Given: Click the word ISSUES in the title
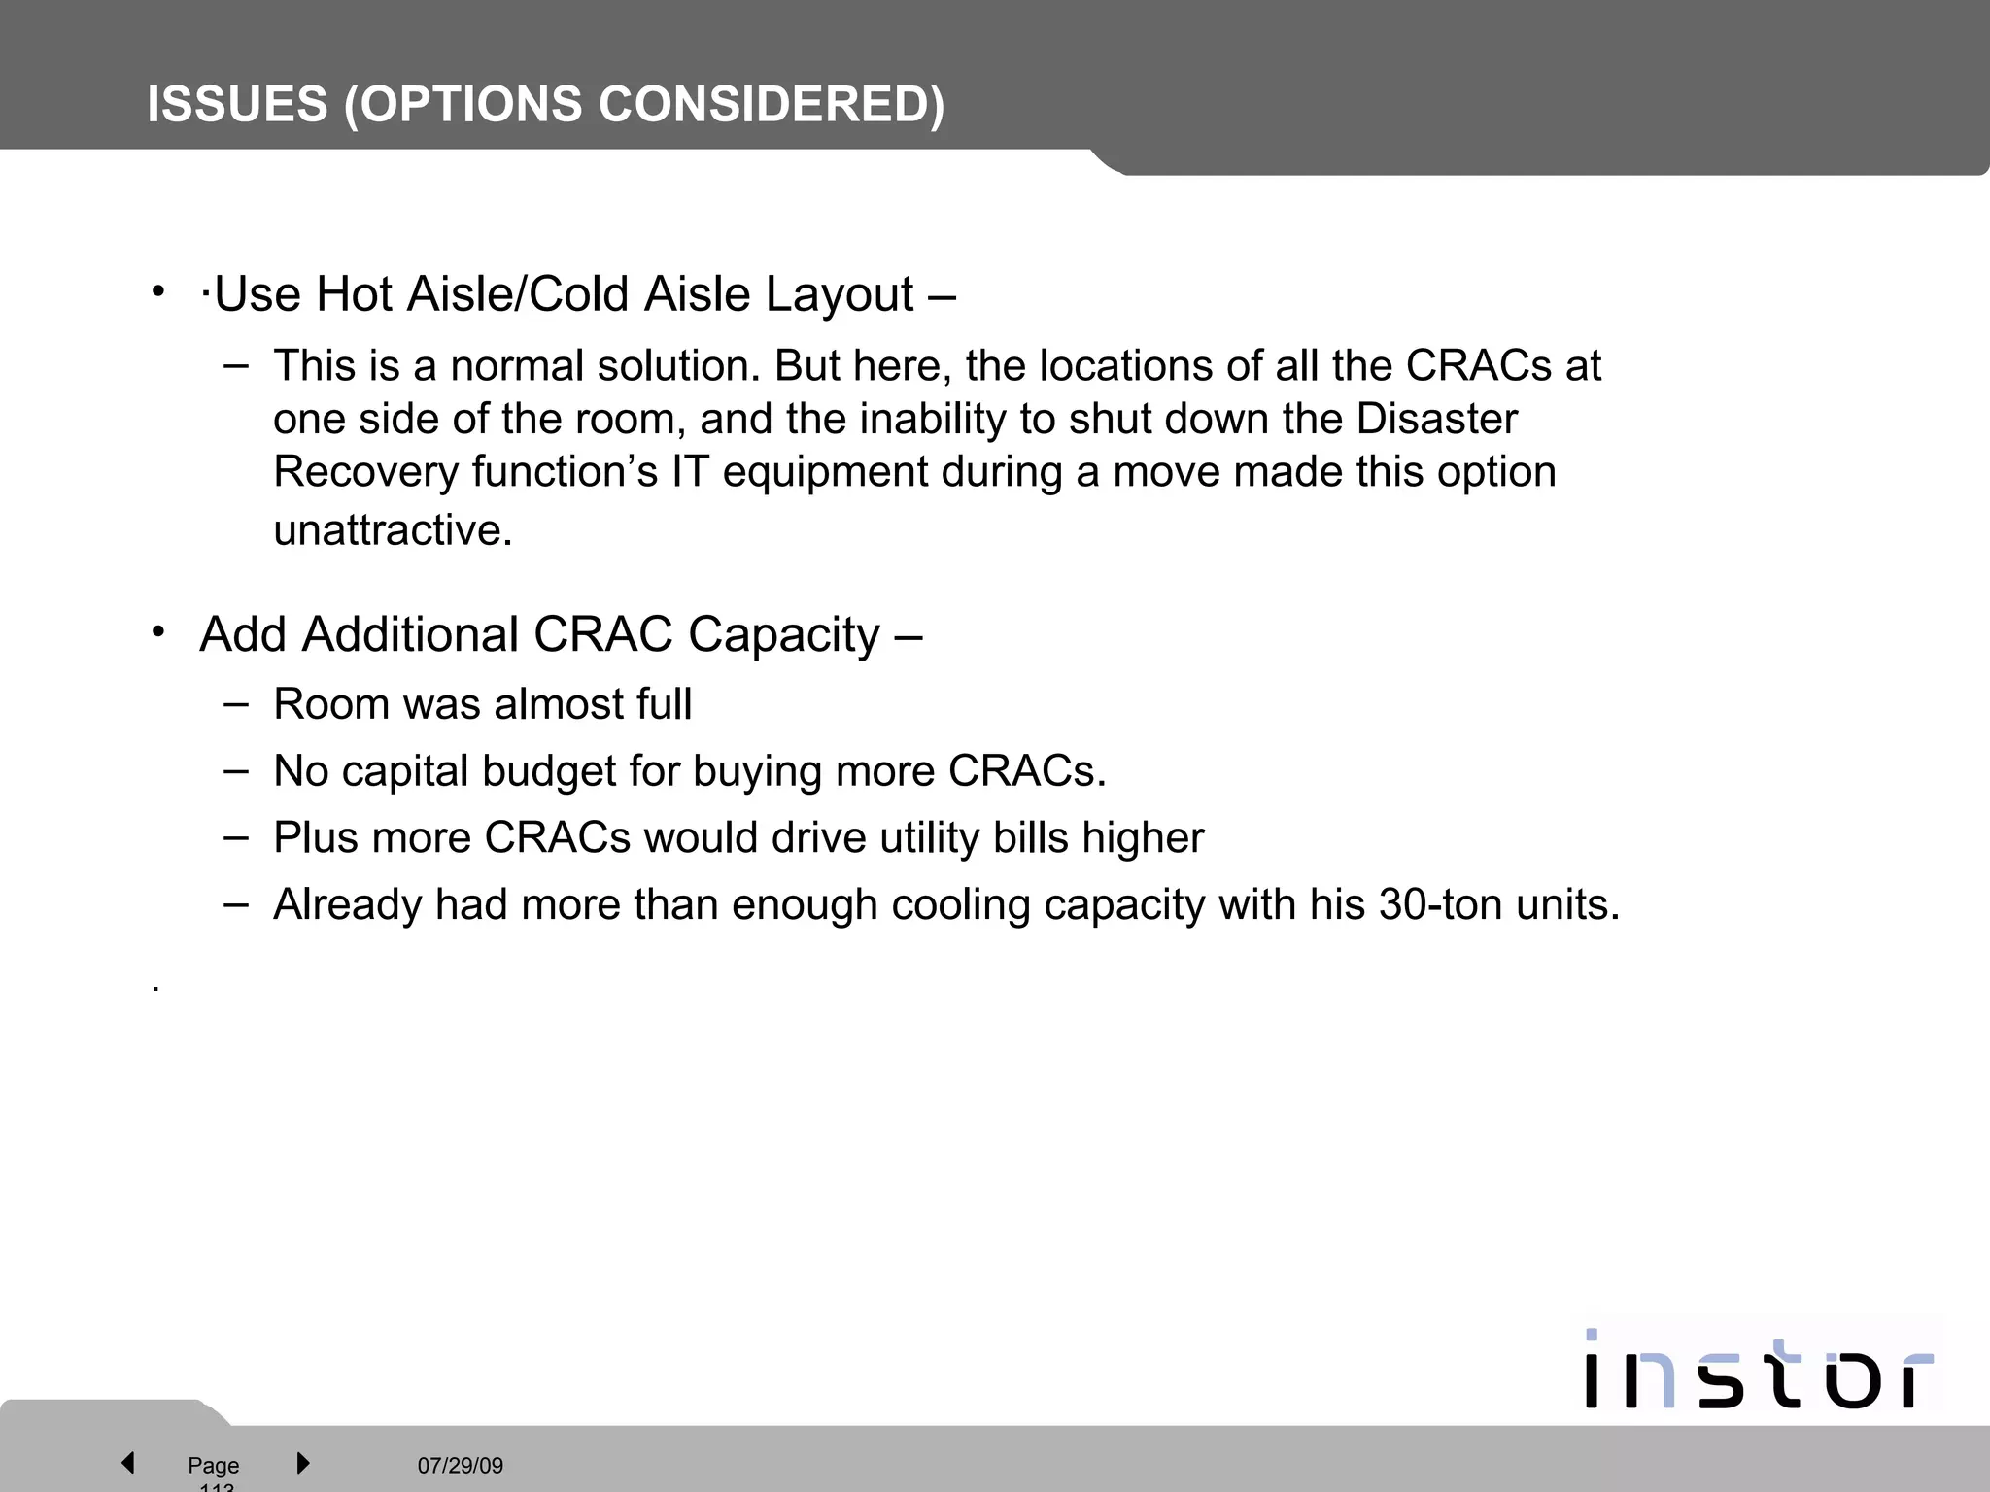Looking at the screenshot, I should pyautogui.click(x=237, y=104).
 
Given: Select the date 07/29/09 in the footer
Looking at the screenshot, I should pyautogui.click(x=460, y=1465).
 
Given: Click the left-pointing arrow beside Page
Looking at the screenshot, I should pyautogui.click(x=127, y=1462).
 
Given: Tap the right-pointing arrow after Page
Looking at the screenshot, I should pyautogui.click(x=302, y=1462).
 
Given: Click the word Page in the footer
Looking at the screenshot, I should pyautogui.click(x=213, y=1465).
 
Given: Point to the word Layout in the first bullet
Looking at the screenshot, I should pyautogui.click(x=839, y=294).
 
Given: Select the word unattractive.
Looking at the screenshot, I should pyautogui.click(x=392, y=530).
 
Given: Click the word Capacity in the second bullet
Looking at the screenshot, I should pyautogui.click(x=783, y=634).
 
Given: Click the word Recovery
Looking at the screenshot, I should pyautogui.click(x=365, y=472).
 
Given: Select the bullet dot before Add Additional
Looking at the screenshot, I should pyautogui.click(x=158, y=633).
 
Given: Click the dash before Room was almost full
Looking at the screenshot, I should pyautogui.click(x=235, y=702).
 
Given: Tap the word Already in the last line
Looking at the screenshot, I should pyautogui.click(x=347, y=904).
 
